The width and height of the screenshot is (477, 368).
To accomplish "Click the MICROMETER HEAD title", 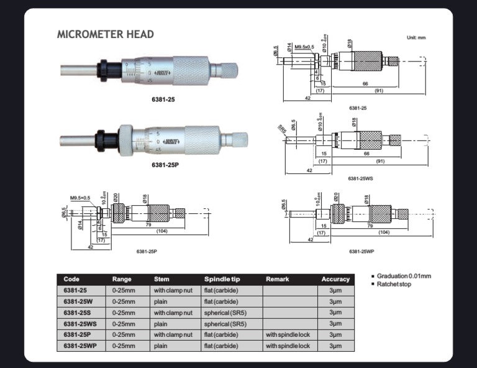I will (x=106, y=35).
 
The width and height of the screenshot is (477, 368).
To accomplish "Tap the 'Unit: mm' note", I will (x=416, y=38).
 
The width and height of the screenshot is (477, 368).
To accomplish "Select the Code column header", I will (x=71, y=279).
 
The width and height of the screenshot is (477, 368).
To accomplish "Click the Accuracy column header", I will (x=335, y=279).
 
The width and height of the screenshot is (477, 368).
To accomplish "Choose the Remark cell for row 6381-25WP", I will (x=288, y=346).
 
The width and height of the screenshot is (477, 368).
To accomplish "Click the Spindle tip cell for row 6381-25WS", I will (x=225, y=324).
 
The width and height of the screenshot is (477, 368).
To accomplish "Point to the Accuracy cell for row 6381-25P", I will (x=335, y=335).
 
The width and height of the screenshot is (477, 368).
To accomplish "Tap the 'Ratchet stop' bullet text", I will (x=394, y=284).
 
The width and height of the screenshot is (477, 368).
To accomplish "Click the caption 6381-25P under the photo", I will (x=165, y=165).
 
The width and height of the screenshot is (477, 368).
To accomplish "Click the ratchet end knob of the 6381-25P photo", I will (x=235, y=139).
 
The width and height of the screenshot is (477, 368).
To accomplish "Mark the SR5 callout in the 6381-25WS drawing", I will (x=282, y=131).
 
